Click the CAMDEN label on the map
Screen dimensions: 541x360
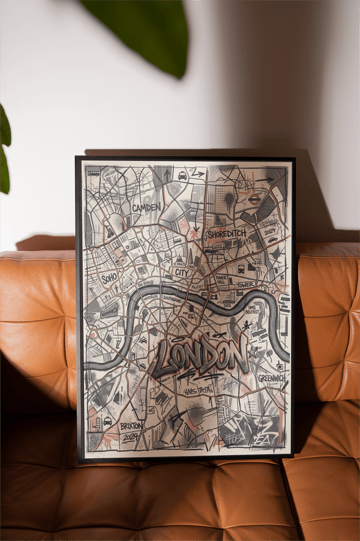pos(146,208)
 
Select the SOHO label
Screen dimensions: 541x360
pos(109,279)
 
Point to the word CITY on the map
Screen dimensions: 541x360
pos(182,273)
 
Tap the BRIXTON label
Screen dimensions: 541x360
pos(131,425)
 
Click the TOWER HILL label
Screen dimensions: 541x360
pos(221,280)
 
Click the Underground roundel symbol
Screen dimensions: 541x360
pos(254,199)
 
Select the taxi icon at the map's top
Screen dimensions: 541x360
pos(182,175)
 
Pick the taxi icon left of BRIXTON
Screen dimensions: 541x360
pos(107,421)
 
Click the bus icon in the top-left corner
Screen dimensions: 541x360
pos(94,173)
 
